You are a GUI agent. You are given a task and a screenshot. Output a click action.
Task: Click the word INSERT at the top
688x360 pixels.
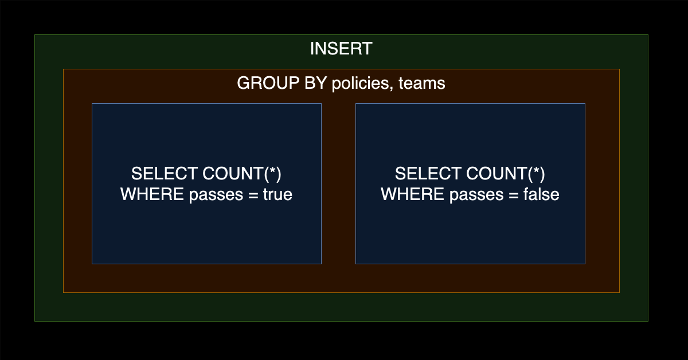point(341,49)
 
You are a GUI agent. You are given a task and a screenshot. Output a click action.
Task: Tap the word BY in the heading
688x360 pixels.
point(315,83)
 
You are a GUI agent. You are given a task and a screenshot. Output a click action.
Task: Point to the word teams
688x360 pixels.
point(422,83)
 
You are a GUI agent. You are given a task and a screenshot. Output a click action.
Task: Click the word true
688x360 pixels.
point(277,194)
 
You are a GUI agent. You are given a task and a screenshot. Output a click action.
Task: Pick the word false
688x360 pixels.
point(541,194)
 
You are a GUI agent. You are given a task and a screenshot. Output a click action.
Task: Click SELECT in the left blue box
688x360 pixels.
point(165,174)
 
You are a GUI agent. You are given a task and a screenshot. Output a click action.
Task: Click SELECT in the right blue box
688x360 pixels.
point(428,174)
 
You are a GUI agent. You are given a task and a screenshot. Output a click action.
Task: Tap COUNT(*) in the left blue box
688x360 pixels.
point(242,174)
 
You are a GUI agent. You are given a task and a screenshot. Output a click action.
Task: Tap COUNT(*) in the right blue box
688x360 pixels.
point(506,174)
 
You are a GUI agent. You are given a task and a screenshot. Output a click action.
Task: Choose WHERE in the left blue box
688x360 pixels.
point(152,194)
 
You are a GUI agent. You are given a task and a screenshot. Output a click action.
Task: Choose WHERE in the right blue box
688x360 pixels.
point(412,194)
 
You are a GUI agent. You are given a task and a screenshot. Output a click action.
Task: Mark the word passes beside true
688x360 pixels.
point(216,195)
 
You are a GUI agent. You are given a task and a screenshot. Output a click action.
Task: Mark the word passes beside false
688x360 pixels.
point(476,195)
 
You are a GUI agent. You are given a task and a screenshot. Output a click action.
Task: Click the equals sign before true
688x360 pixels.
point(253,195)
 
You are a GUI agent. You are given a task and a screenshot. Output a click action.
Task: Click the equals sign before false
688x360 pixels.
point(514,195)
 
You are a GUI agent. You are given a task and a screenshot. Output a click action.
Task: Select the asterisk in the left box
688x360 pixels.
point(272,170)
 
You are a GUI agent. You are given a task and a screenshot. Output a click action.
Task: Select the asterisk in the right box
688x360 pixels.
point(536,170)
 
